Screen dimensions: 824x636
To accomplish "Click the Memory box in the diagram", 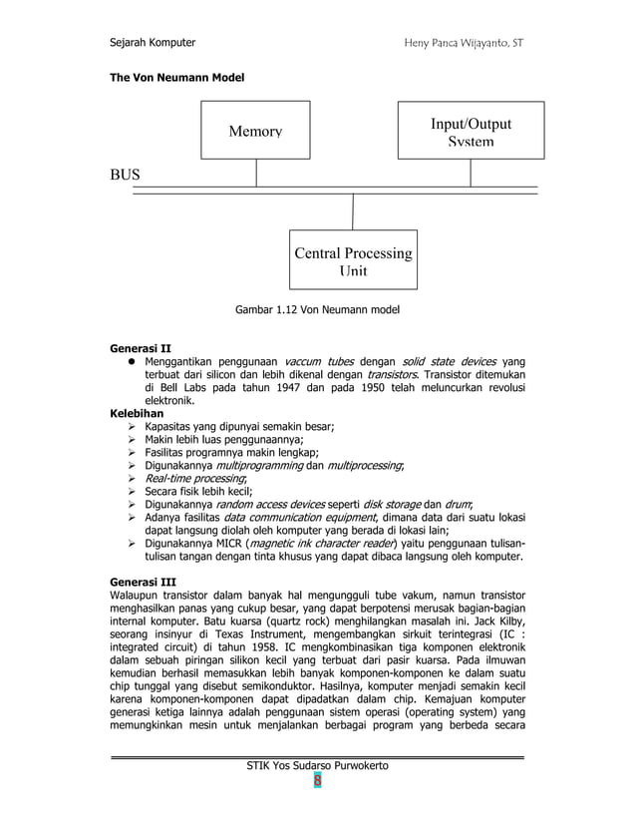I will [255, 130].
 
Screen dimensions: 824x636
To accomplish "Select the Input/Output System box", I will [471, 131].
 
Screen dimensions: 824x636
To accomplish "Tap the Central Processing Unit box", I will [353, 261].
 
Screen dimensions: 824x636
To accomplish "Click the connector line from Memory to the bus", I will [256, 173].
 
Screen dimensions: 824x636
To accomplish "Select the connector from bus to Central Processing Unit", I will [353, 211].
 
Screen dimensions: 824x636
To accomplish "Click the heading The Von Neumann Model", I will [176, 77].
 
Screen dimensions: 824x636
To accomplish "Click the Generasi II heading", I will [140, 348].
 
